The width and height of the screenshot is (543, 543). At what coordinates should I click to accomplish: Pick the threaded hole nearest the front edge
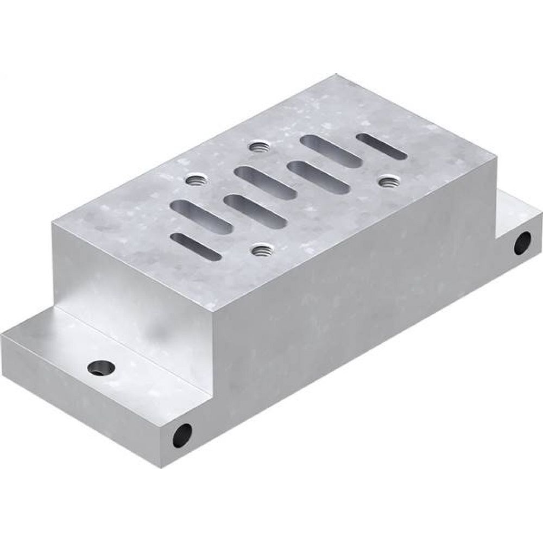click(x=262, y=249)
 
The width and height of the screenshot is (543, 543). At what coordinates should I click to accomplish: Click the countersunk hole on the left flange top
click(x=101, y=368)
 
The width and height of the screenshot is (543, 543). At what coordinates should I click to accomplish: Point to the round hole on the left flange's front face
click(x=182, y=435)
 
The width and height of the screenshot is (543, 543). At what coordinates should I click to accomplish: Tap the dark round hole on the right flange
click(x=522, y=242)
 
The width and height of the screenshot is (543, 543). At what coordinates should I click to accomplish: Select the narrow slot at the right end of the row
click(x=381, y=147)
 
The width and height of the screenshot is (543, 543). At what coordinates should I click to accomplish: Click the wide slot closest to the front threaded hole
click(x=255, y=211)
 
